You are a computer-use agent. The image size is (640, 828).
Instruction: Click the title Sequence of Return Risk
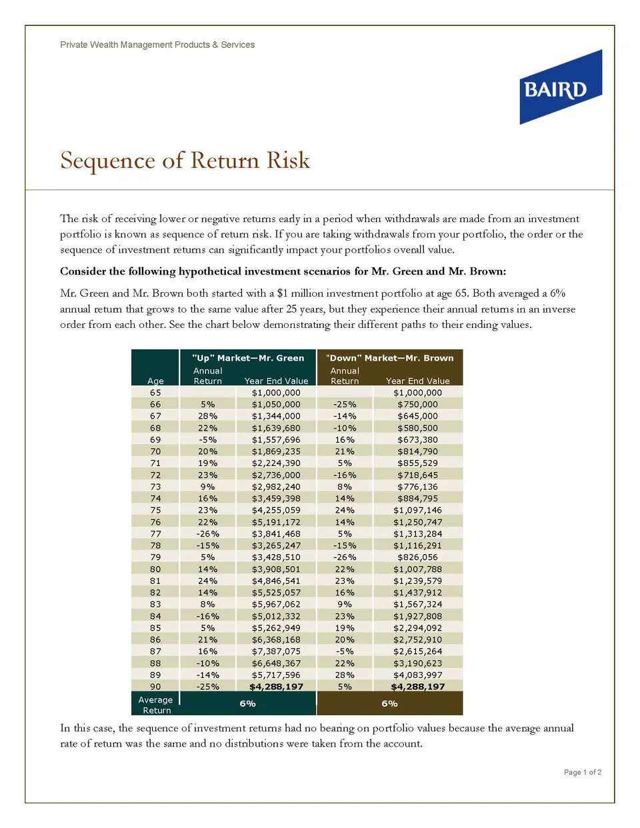185,161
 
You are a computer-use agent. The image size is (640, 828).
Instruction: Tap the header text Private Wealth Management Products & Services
157,45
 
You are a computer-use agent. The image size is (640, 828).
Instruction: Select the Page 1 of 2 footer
583,772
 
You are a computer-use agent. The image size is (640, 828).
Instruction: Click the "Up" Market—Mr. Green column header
248,358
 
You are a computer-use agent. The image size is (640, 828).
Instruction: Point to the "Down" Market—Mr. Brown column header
389,358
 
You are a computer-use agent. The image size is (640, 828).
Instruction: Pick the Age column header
155,381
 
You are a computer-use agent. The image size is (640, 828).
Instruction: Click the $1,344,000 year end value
276,416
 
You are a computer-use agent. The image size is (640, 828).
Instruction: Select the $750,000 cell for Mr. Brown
417,404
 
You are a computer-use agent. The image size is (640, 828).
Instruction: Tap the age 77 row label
155,533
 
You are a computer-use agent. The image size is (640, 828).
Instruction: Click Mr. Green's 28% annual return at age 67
207,416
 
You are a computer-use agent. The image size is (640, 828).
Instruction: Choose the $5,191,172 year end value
276,522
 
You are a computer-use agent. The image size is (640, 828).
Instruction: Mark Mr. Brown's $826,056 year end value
417,557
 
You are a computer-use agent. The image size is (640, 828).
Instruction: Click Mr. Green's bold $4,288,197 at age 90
276,687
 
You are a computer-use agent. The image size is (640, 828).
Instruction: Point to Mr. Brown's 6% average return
389,703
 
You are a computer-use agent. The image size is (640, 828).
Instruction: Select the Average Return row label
155,705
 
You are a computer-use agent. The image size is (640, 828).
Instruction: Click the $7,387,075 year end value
276,651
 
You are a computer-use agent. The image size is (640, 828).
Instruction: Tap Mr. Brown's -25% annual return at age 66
345,404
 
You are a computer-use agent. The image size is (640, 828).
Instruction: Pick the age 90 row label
155,687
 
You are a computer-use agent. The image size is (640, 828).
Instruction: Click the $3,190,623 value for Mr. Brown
417,663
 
